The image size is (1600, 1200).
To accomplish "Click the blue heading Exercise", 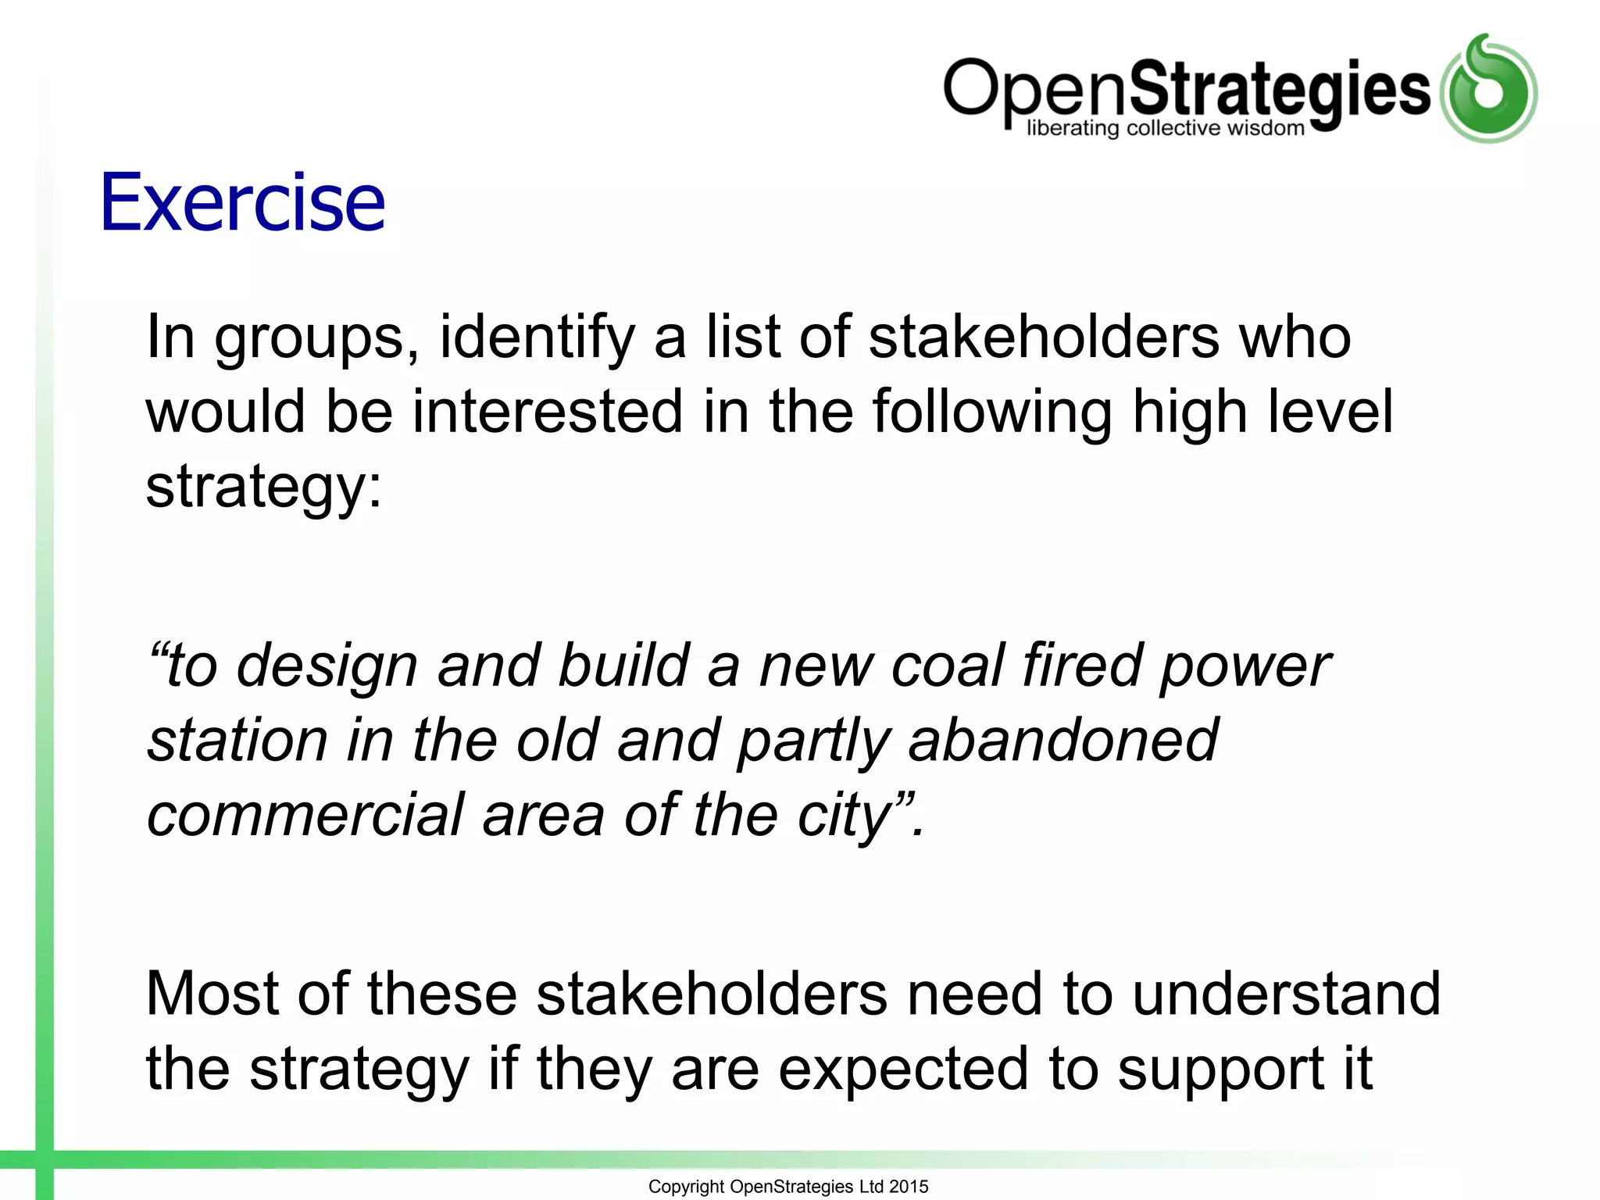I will click(242, 202).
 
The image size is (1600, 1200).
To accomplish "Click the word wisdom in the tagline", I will click(1266, 128).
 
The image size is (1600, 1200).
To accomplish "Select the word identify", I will click(537, 337).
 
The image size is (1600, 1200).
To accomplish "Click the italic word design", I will click(327, 666).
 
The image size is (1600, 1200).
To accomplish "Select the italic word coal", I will click(947, 666).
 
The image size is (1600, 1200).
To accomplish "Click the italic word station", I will click(237, 741).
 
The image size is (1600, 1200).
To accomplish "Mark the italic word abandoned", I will click(1062, 741).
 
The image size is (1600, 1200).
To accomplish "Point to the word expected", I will click(903, 1070).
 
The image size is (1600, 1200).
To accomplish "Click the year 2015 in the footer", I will click(909, 1187).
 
